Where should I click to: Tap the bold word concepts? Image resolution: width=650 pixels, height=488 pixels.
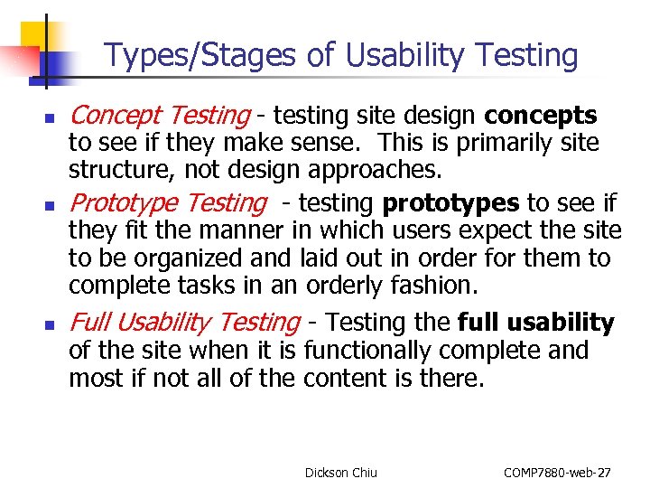coord(540,116)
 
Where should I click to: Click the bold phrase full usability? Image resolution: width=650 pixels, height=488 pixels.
coord(536,322)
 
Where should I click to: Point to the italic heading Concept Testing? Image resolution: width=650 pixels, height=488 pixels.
coord(159,116)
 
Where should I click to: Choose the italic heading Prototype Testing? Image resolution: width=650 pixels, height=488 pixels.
coord(168,203)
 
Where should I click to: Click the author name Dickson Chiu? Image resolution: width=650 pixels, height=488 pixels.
coord(341,473)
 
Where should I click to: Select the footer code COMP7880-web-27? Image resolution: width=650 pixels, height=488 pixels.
coord(557,473)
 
